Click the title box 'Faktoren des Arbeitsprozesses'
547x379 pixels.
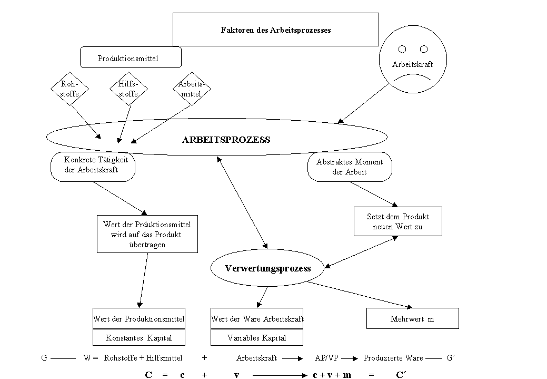pos(275,30)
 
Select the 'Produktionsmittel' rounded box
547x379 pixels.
pos(131,57)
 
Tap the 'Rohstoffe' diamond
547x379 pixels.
pos(70,89)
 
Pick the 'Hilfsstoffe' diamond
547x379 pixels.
pos(128,89)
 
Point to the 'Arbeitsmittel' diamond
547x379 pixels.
pos(192,89)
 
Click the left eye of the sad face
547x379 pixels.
pos(402,49)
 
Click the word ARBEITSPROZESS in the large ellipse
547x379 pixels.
pos(226,140)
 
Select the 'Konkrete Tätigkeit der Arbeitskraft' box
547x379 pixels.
pos(93,167)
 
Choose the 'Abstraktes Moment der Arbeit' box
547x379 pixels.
pos(350,167)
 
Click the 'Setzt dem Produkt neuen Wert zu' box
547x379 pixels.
pos(397,221)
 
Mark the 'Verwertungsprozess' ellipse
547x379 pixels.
pos(267,268)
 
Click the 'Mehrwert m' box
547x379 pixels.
pos(412,318)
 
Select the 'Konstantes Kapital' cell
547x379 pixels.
pos(139,337)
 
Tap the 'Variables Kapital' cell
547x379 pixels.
pos(257,337)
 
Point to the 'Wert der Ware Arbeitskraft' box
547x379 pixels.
pos(257,318)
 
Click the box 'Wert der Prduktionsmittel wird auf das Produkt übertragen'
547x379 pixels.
pos(147,234)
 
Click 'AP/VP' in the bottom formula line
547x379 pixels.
pos(326,358)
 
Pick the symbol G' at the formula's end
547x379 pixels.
pos(451,358)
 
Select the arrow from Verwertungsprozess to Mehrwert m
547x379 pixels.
pos(360,295)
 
